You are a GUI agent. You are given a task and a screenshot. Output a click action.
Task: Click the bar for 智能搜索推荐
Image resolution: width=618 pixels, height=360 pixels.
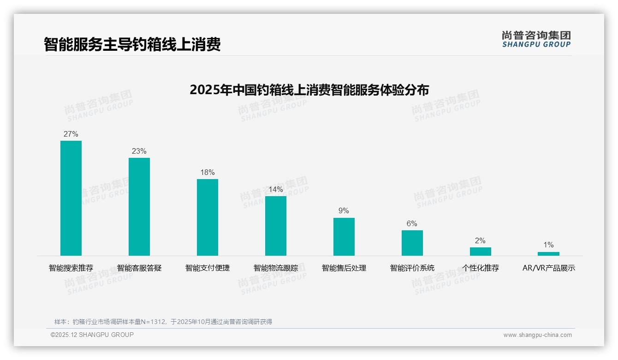pos(71,198)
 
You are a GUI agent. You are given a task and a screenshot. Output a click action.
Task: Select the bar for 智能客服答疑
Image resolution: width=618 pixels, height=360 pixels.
pos(139,207)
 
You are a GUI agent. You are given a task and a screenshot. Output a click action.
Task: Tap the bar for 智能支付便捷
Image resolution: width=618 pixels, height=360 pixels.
pos(208,217)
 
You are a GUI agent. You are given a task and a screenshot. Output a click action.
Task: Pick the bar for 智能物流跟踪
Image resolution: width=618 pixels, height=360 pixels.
pos(276,226)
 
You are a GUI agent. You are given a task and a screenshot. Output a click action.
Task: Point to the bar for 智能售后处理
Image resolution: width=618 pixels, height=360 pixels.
pos(344,237)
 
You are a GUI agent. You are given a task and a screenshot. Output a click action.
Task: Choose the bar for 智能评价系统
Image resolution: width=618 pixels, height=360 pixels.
pos(412,243)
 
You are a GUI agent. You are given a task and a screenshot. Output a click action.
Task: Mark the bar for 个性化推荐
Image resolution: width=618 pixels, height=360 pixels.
pos(481,252)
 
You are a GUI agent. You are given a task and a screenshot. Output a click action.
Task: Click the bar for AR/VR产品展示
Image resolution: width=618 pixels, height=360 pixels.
pos(548,254)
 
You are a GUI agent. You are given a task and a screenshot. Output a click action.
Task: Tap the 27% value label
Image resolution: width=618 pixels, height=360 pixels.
pos(71,134)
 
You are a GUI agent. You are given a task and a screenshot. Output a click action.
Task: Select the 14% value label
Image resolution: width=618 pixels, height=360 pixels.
pos(276,190)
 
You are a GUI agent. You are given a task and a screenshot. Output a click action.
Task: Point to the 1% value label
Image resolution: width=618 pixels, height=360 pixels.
pos(548,245)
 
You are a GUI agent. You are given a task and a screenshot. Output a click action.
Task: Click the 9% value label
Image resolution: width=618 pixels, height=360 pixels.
pos(344,211)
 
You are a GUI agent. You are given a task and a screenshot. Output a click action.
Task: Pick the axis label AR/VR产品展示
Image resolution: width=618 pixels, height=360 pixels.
pos(549,268)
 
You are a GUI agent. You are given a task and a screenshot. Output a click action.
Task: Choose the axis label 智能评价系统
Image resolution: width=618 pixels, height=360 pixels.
pos(412,268)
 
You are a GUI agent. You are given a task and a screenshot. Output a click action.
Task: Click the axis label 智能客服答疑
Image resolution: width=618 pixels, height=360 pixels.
pos(139,268)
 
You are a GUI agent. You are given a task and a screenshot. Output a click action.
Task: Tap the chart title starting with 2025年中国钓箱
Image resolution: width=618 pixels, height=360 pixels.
pos(309,90)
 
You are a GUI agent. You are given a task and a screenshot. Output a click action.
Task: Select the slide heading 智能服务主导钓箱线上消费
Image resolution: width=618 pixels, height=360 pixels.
pos(132,44)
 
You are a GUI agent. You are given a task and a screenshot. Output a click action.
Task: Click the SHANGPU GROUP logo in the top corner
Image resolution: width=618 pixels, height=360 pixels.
pos(536,39)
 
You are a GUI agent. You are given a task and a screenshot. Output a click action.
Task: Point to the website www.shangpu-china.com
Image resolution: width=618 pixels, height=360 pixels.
pos(537,335)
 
